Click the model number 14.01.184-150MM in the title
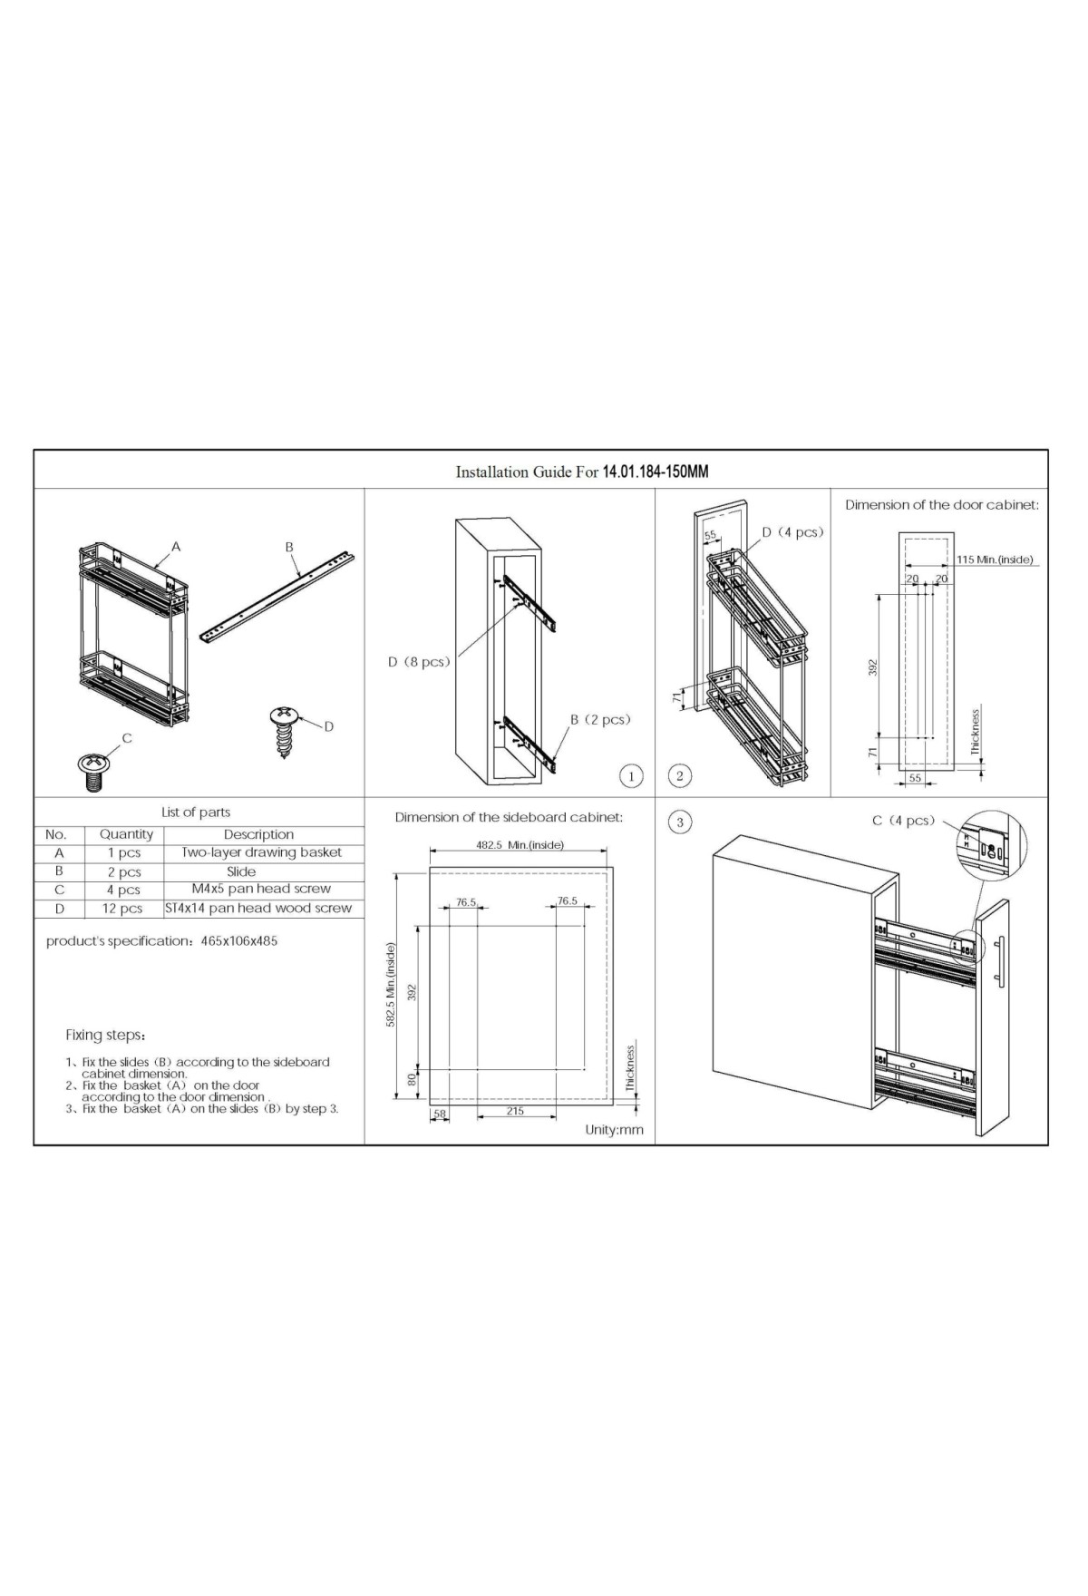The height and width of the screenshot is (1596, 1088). coord(656,472)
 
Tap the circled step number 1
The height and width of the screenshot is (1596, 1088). coord(632,776)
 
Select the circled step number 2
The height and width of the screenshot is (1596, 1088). coord(679,775)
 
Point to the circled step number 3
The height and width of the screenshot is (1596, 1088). coord(680,822)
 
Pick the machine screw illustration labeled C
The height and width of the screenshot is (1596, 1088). coord(92,772)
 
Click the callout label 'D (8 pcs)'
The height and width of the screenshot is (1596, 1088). coord(419,662)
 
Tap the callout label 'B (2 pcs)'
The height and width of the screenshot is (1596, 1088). coord(600,719)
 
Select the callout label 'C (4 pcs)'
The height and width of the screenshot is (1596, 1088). coord(903,821)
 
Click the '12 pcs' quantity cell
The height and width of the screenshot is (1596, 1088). coord(122,909)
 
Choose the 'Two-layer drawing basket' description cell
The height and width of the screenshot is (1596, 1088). coord(262,852)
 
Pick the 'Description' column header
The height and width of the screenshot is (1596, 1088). coord(259,834)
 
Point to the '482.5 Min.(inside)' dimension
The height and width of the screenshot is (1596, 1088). coord(520,845)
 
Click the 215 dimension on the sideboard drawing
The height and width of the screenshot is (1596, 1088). coord(515,1111)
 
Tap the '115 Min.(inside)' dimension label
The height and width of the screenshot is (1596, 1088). coord(995,560)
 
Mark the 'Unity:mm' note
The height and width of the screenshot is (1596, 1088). coord(614,1130)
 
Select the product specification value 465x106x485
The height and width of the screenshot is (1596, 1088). coord(239,941)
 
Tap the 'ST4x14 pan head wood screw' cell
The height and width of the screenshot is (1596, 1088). coord(258,908)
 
